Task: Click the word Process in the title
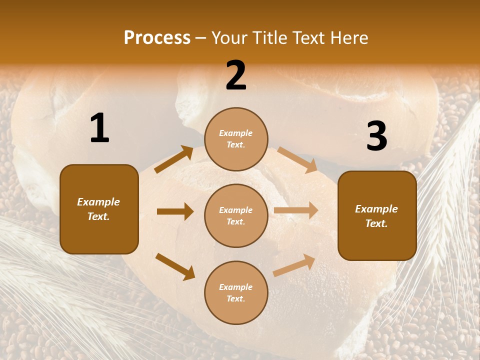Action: click(x=157, y=38)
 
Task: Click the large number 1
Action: click(x=99, y=128)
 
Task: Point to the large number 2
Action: click(x=236, y=75)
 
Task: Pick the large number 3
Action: click(x=376, y=136)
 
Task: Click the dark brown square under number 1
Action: click(x=99, y=209)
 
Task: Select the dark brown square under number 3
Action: click(x=377, y=216)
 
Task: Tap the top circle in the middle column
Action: click(x=236, y=139)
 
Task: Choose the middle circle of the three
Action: click(x=236, y=216)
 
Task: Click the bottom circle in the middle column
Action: click(x=236, y=293)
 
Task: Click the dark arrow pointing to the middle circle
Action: click(x=175, y=211)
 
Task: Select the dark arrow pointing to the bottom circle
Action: click(x=175, y=266)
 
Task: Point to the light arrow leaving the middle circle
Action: click(x=296, y=210)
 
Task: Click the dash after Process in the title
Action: click(x=201, y=38)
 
